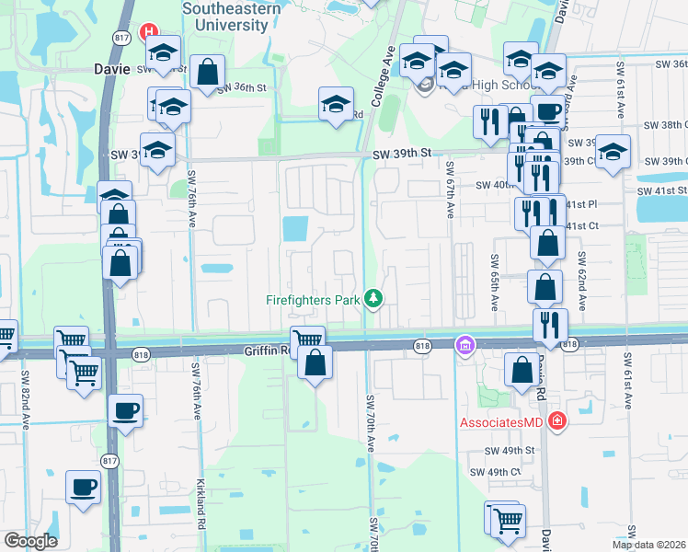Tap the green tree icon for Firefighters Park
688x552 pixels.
(x=373, y=298)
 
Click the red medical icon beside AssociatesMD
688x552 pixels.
(x=556, y=420)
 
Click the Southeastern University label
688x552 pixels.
(x=224, y=17)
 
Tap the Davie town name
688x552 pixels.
(x=113, y=68)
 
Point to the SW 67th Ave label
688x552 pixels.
(x=450, y=190)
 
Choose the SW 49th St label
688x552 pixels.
(x=510, y=450)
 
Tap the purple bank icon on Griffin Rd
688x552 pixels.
(x=466, y=345)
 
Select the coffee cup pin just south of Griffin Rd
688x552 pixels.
(x=125, y=410)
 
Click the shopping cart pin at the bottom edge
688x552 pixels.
(x=505, y=521)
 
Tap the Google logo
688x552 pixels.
(x=30, y=541)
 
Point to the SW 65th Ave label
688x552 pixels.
(x=494, y=282)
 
